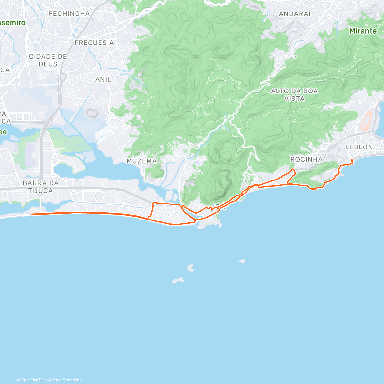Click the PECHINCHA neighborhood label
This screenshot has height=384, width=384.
coord(69,14)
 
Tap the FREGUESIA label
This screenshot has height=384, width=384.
coord(94,43)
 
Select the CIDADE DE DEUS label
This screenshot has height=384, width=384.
coord(48,60)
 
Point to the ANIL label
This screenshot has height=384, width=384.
coord(103,79)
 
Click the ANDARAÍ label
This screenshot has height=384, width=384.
coord(295,14)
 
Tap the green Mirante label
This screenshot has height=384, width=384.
coord(363,31)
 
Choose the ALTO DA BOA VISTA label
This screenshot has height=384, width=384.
coord(294,95)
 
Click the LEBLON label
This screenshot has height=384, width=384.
coord(359,147)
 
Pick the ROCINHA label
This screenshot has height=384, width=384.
coord(306,159)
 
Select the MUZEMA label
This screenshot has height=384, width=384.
coord(142,161)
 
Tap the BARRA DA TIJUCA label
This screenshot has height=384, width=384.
coord(41,187)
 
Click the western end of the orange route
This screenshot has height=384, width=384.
coord(32,214)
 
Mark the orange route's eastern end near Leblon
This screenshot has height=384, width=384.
coord(352,160)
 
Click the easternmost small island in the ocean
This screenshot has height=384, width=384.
coord(242,261)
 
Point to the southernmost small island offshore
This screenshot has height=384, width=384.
coord(178,281)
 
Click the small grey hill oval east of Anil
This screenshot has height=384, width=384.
coord(92,113)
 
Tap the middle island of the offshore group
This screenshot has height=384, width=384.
coord(190,268)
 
